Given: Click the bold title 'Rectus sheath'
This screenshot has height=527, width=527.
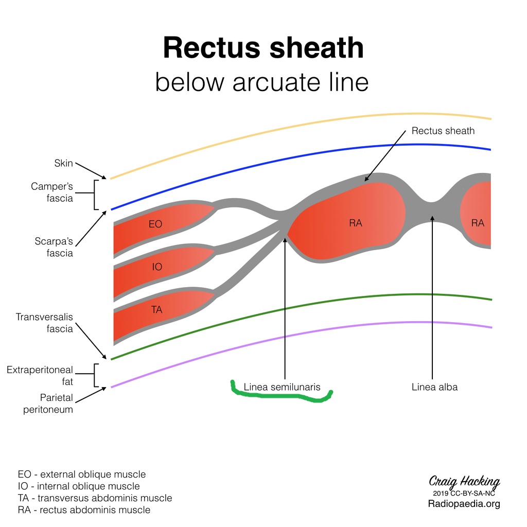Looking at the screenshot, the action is click(263, 48).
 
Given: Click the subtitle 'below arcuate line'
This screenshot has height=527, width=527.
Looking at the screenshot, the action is click(262, 82).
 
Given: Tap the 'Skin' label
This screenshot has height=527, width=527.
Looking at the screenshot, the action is click(63, 163).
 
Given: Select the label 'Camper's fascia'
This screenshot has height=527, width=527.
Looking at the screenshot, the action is click(52, 192).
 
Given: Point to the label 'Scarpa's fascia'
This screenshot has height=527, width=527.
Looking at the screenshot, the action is click(54, 247).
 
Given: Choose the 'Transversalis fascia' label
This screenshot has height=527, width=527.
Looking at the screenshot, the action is click(44, 323).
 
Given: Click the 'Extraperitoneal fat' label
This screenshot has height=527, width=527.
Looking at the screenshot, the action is click(40, 376).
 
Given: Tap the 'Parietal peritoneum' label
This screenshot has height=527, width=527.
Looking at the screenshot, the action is click(48, 403).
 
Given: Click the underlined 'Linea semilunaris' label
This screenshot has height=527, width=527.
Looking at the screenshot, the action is click(282, 387).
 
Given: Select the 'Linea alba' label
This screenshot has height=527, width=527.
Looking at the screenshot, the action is click(434, 387).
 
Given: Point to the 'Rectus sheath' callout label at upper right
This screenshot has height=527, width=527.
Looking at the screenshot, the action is click(443, 131).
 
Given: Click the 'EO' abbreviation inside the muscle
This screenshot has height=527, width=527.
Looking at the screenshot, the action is click(155, 224).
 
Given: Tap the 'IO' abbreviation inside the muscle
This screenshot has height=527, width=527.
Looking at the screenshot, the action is click(157, 267).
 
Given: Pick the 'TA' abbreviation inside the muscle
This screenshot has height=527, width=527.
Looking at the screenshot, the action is click(156, 309).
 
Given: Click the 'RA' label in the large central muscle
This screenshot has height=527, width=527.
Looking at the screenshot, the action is click(356, 223).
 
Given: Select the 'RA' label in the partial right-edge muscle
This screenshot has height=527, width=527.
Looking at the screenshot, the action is click(478, 223).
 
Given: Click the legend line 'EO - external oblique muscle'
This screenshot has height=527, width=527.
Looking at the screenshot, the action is click(82, 474).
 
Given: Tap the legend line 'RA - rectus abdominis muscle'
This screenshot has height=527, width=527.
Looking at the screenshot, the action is click(84, 510).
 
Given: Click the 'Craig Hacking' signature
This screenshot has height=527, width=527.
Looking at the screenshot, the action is click(464, 482).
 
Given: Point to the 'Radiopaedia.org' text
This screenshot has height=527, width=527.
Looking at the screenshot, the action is click(464, 504).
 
